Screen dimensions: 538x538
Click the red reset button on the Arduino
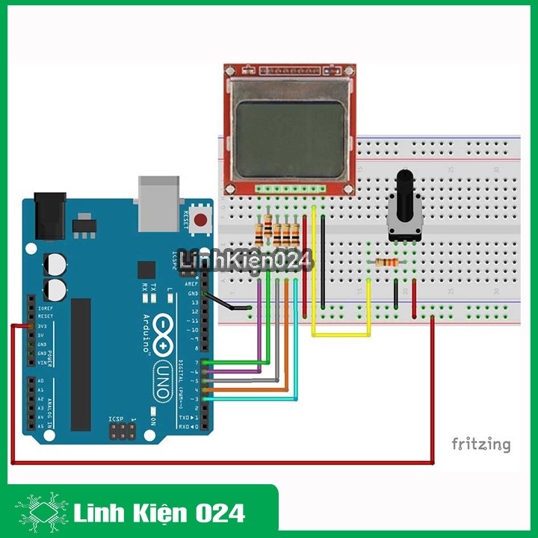[x=201, y=220]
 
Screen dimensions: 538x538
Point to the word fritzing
[x=480, y=445]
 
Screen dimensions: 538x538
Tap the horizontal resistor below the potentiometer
[x=386, y=262]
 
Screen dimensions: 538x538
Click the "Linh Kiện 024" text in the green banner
[x=160, y=513]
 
